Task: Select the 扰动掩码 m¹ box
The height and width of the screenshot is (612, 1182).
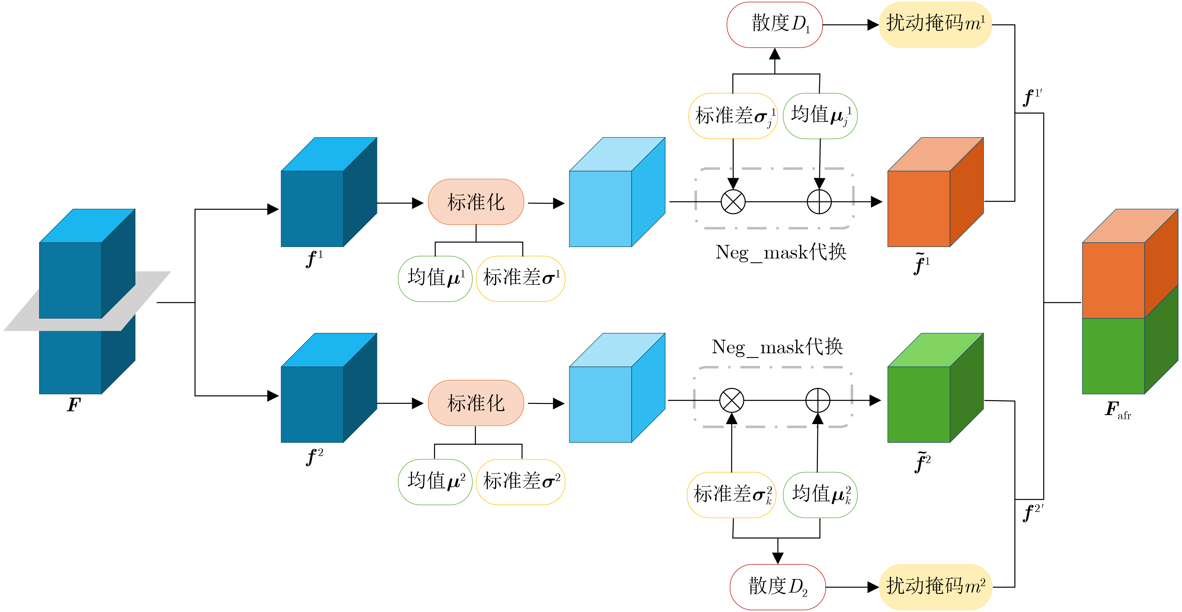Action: tap(935, 25)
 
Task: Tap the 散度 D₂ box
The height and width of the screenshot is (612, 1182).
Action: tap(777, 587)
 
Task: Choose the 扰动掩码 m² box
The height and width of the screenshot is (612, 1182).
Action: tap(935, 587)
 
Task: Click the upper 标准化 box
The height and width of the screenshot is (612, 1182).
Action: tap(476, 202)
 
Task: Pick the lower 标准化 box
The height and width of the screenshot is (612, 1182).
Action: tap(476, 403)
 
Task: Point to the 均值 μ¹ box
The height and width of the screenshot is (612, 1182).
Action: tap(435, 278)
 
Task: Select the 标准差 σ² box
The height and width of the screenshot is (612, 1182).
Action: tap(520, 482)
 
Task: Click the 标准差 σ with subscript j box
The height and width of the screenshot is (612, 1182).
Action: tap(733, 116)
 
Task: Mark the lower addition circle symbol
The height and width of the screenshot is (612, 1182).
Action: tap(818, 401)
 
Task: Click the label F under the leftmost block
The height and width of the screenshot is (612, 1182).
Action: tap(73, 405)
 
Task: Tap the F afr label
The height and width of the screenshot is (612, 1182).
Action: tap(1117, 410)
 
